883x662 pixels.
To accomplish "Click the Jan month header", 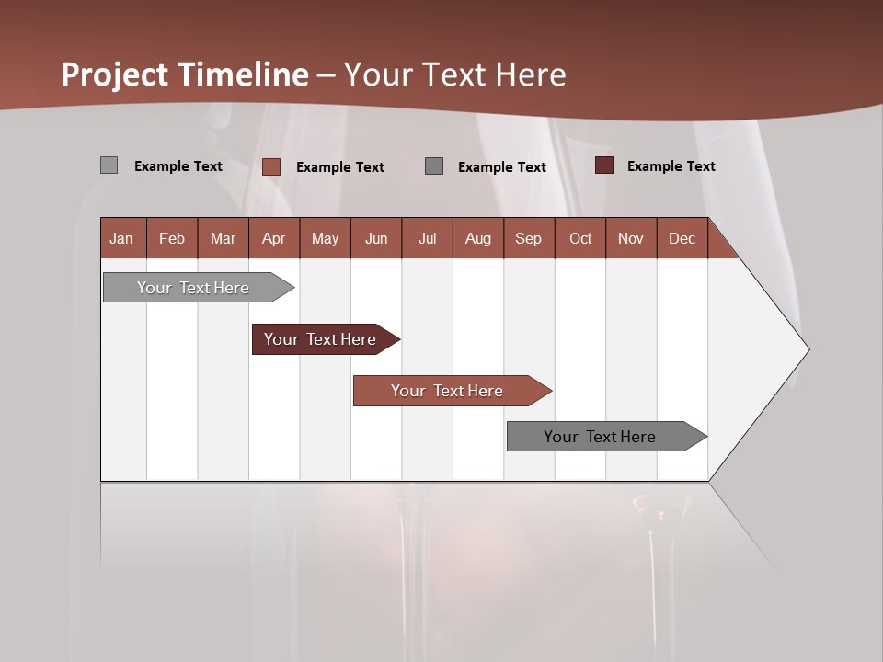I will coord(121,238).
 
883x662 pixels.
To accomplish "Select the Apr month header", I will coord(273,238).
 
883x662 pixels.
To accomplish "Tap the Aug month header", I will coord(477,238).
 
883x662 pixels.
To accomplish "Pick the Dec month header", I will coord(682,238).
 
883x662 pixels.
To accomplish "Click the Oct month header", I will coord(580,238).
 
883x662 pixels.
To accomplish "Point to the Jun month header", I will coord(376,238).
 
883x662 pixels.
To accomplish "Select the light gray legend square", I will coord(109,165).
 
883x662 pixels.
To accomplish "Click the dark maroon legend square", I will coord(604,165).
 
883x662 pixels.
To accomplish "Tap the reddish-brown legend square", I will coord(271,166).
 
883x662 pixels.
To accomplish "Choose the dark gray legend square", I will coord(434,165).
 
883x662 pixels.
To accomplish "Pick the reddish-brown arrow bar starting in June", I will coord(448,391).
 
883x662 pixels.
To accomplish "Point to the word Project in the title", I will coord(115,74).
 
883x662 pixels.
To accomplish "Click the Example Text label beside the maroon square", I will coord(671,166).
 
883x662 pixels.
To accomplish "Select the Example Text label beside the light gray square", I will coord(178,166).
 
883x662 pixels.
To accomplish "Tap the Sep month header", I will coord(528,238).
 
